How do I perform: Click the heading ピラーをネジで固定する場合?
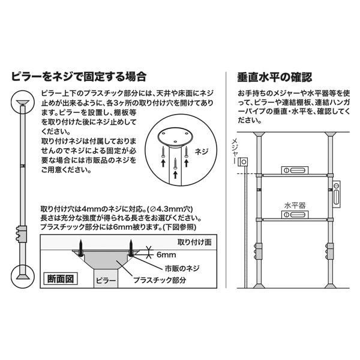pyautogui.click(x=79, y=77)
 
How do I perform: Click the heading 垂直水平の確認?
pyautogui.click(x=275, y=77)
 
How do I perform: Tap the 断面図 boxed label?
pyautogui.click(x=61, y=279)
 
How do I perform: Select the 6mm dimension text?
pyautogui.click(x=166, y=254)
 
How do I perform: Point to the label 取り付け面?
pyautogui.click(x=194, y=242)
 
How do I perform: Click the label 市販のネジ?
pyautogui.click(x=182, y=268)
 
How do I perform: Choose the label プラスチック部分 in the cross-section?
pyautogui.click(x=160, y=280)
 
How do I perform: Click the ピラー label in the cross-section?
pyautogui.click(x=106, y=281)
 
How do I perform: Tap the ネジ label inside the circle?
pyautogui.click(x=202, y=152)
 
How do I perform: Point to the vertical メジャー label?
pyautogui.click(x=235, y=151)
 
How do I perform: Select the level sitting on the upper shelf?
pyautogui.click(x=295, y=170)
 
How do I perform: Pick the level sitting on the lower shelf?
pyautogui.click(x=295, y=214)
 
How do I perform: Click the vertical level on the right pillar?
pyautogui.click(x=337, y=194)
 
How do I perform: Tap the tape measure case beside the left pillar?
pyautogui.click(x=243, y=162)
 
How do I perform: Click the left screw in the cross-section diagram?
pyautogui.click(x=81, y=248)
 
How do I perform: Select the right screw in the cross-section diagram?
pyautogui.click(x=131, y=248)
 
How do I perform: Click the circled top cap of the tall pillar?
pyautogui.click(x=23, y=102)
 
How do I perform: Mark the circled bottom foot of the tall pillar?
pyautogui.click(x=23, y=277)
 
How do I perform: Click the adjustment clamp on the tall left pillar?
pyautogui.click(x=22, y=234)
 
